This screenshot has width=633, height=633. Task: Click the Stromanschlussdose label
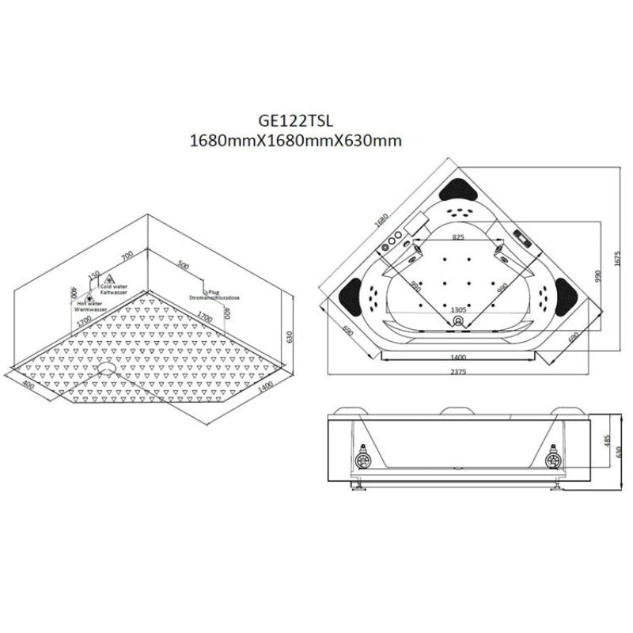tap(214, 298)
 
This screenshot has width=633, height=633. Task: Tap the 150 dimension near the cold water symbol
tap(94, 273)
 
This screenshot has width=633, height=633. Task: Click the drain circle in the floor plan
tap(110, 366)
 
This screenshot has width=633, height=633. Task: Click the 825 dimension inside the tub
tap(457, 237)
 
